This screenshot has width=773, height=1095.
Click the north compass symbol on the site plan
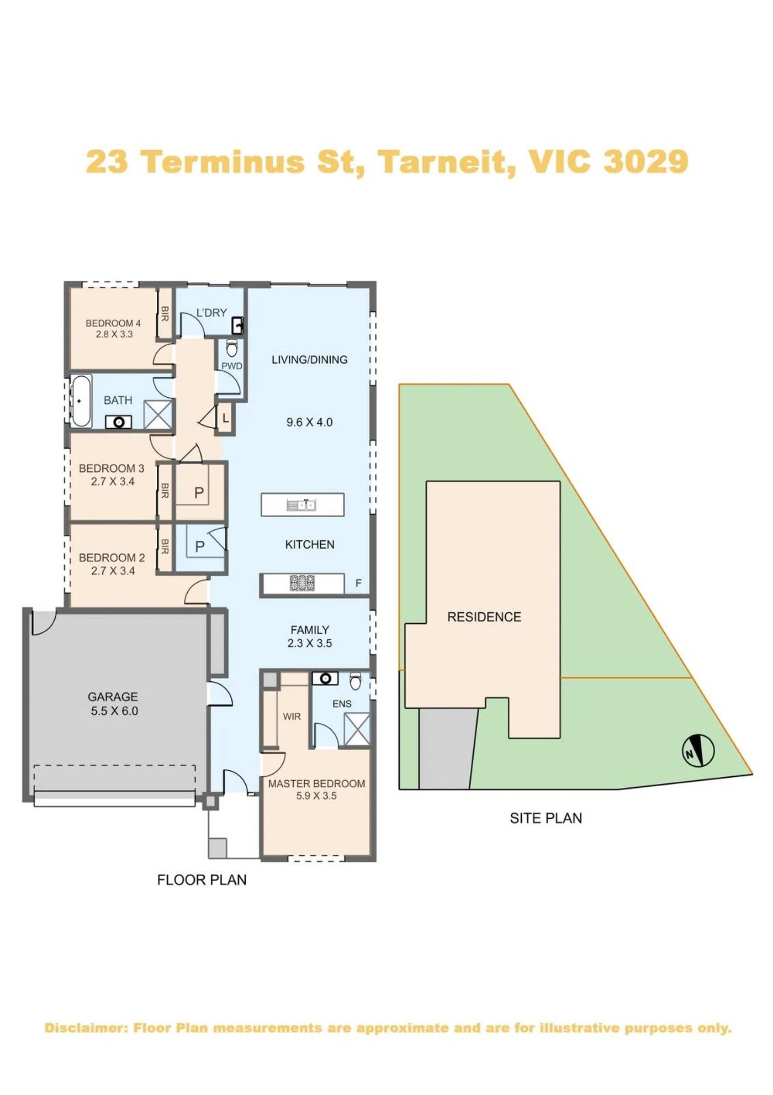click(698, 751)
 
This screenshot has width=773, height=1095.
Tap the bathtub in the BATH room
click(81, 401)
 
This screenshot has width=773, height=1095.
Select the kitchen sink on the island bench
click(301, 505)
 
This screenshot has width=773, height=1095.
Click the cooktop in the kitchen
click(303, 583)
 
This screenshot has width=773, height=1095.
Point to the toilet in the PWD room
click(232, 349)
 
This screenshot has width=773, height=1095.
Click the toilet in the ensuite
click(356, 681)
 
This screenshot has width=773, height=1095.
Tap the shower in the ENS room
click(357, 729)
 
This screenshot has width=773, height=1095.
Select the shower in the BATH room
click(158, 414)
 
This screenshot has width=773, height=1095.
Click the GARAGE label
click(113, 697)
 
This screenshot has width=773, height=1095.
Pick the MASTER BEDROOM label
click(316, 783)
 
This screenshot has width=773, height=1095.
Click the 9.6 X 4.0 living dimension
click(309, 422)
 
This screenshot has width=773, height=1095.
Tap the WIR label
click(292, 717)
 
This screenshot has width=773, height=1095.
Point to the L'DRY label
click(211, 313)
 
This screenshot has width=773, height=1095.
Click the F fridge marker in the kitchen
click(358, 583)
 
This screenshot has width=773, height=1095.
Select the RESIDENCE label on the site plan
click(484, 617)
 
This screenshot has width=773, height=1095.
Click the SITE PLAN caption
click(546, 818)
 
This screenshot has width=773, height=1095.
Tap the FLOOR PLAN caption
click(202, 880)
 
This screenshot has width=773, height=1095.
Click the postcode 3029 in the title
click(646, 161)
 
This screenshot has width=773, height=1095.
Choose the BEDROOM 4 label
click(113, 323)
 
